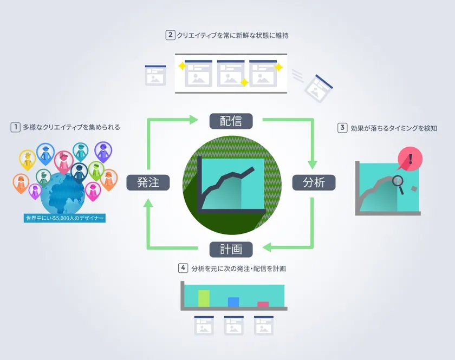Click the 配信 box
pyautogui.click(x=231, y=121)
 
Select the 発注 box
pyautogui.click(x=148, y=182)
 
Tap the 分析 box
pyautogui.click(x=314, y=182)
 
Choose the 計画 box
pyautogui.click(x=231, y=249)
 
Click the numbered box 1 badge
pyautogui.click(x=15, y=127)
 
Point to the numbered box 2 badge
pyautogui.click(x=170, y=35)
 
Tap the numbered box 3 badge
pyautogui.click(x=342, y=128)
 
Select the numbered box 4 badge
pyautogui.click(x=183, y=268)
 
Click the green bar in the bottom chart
pyautogui.click(x=204, y=298)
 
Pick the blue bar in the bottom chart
pyautogui.click(x=233, y=302)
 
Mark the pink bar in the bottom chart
pyautogui.click(x=263, y=304)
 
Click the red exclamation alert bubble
pyautogui.click(x=409, y=159)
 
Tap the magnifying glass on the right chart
pyautogui.click(x=399, y=184)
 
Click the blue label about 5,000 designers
pyautogui.click(x=64, y=218)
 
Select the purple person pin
pyautogui.click(x=103, y=152)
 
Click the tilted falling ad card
pyautogui.click(x=318, y=88)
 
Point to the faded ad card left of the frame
pyautogui.click(x=155, y=75)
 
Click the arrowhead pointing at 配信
pyautogui.click(x=193, y=120)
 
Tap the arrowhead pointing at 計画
pyautogui.click(x=267, y=247)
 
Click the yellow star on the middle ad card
pyautogui.click(x=244, y=82)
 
